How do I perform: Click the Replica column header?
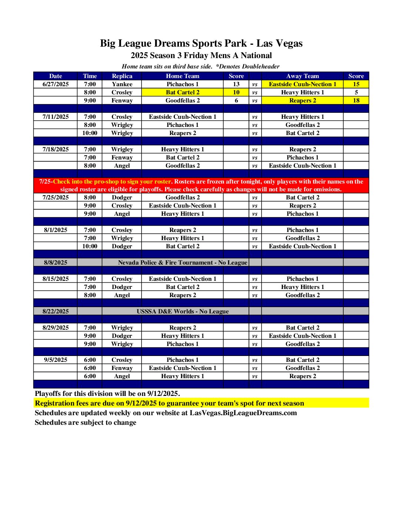(x=122, y=76)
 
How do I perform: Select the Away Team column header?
(x=302, y=76)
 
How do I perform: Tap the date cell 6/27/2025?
(x=56, y=84)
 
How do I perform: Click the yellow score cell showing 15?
(x=356, y=84)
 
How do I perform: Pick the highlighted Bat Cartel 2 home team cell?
(x=183, y=92)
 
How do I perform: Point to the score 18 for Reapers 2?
(x=356, y=100)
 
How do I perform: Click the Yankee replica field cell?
(x=122, y=84)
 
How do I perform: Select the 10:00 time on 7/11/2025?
(x=90, y=133)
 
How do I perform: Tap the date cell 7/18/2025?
(x=56, y=149)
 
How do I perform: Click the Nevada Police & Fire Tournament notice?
(x=182, y=262)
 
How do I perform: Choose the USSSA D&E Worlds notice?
(x=182, y=311)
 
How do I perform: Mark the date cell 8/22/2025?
(x=56, y=311)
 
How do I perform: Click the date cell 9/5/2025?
(x=56, y=360)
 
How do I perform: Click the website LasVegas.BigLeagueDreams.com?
(x=243, y=413)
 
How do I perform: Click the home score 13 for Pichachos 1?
(x=236, y=84)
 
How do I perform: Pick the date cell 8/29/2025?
(x=56, y=327)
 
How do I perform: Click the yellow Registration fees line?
(x=169, y=403)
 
